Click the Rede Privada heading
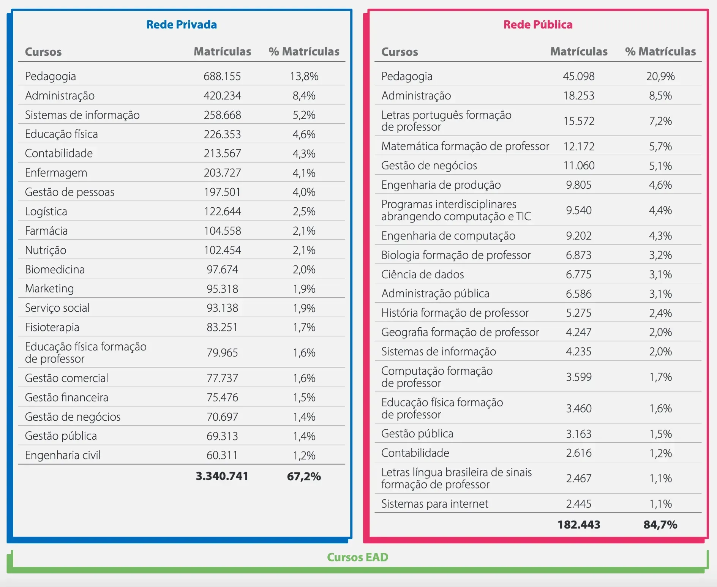point(182,25)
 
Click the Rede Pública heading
point(538,25)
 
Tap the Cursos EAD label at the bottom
point(358,557)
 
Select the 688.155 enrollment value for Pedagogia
point(222,76)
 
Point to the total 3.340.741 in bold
point(222,476)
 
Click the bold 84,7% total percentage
point(660,525)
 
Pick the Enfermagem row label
point(56,173)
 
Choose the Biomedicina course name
point(55,270)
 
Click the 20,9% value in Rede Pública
point(660,76)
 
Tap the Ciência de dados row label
point(423,275)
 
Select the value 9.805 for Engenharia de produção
point(579,185)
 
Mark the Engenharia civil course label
point(63,455)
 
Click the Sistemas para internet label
point(435,504)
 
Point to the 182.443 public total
point(579,525)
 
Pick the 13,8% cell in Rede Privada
point(304,76)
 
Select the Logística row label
point(46,211)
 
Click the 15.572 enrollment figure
point(579,121)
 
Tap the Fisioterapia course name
point(52,327)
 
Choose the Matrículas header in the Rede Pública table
point(579,52)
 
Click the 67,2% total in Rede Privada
point(304,477)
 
